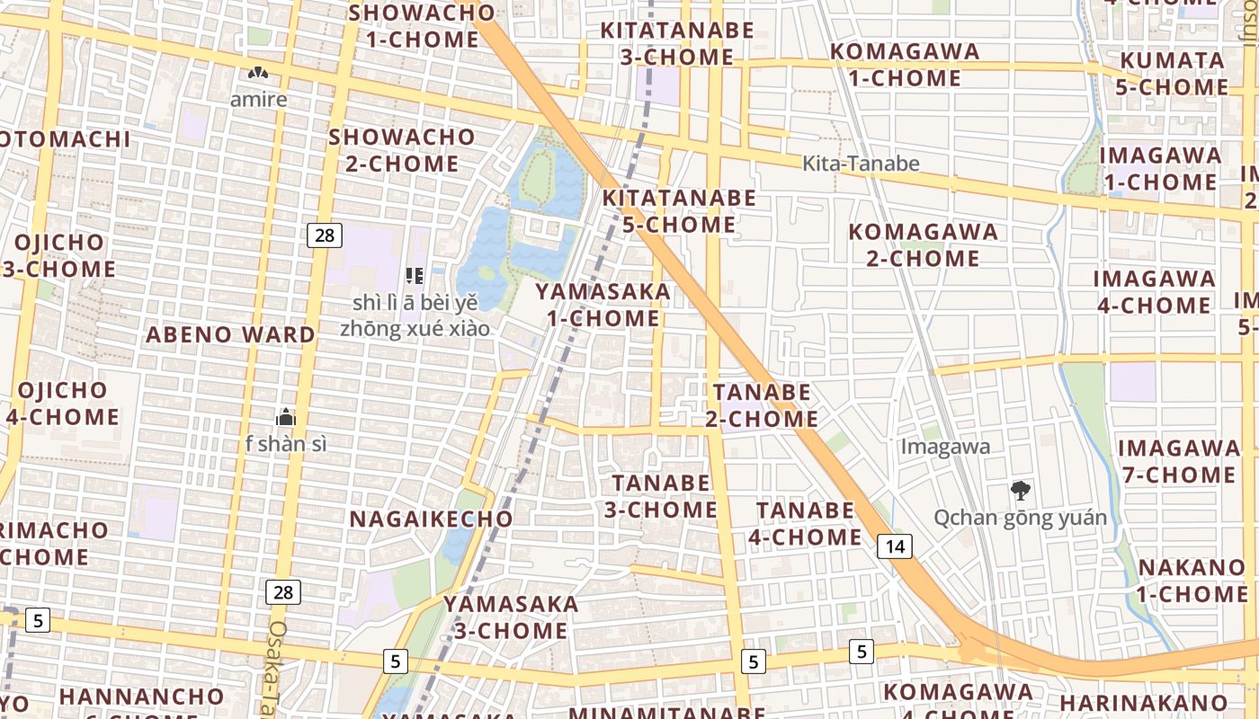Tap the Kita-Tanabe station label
(x=862, y=163)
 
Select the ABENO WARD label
(x=231, y=335)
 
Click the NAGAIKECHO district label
(x=431, y=519)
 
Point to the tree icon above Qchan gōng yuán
(x=1020, y=491)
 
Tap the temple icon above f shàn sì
(x=287, y=417)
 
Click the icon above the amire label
(x=258, y=73)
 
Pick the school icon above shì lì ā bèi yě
(x=415, y=274)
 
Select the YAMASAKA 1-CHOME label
(x=603, y=305)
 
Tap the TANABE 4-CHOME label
(x=805, y=523)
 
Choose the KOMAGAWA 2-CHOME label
(x=924, y=244)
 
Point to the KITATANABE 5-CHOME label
(x=679, y=210)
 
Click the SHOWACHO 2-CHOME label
(x=401, y=150)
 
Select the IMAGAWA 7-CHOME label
(x=1178, y=460)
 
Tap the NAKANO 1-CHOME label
(x=1192, y=581)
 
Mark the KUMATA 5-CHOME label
(x=1172, y=74)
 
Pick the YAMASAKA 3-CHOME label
(x=511, y=617)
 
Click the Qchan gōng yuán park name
(x=1020, y=518)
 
